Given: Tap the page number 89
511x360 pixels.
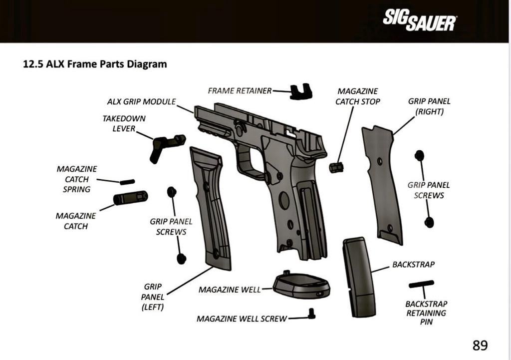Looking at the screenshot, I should pyautogui.click(x=480, y=345).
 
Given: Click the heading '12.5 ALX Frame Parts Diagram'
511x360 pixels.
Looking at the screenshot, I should pyautogui.click(x=95, y=64).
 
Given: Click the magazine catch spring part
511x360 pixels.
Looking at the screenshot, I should pyautogui.click(x=127, y=182).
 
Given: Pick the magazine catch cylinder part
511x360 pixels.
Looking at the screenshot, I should pyautogui.click(x=131, y=198).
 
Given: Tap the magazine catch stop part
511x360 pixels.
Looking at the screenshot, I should pyautogui.click(x=336, y=167).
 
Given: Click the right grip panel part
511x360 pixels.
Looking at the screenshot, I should pyautogui.click(x=382, y=185).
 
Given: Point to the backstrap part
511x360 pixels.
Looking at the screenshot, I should pyautogui.click(x=358, y=277).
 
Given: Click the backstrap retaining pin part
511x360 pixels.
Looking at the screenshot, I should pyautogui.click(x=421, y=284).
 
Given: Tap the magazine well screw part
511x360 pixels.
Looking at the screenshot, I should pyautogui.click(x=312, y=314).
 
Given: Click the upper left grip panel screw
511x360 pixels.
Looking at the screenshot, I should pyautogui.click(x=172, y=191).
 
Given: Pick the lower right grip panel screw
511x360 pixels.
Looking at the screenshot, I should pyautogui.click(x=429, y=222).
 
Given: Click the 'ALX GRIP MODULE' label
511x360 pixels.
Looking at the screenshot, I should pyautogui.click(x=141, y=101).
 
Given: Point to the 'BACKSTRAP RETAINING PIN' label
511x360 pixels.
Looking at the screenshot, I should pyautogui.click(x=426, y=313).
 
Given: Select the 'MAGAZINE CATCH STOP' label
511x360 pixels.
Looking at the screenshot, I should pyautogui.click(x=357, y=96).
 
